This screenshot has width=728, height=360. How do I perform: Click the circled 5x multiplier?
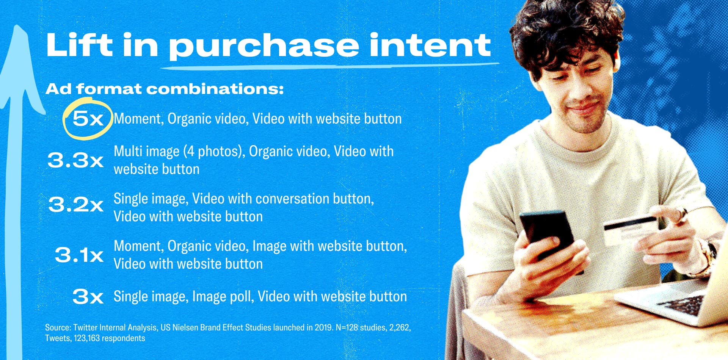88,119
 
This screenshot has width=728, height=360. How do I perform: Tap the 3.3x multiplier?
75,160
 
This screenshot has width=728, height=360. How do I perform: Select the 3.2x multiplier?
76,205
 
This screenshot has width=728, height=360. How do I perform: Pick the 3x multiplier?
88,296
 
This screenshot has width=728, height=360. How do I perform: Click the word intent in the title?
430,45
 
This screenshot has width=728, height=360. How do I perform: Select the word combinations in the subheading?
215,89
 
